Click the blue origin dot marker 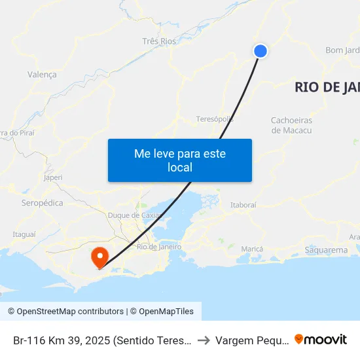coord(261,50)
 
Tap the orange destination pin coord(100,256)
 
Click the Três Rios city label coord(159,41)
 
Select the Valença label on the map coord(42,75)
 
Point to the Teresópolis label coord(215,119)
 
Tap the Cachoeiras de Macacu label coord(291,126)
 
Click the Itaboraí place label coord(243,205)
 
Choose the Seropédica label coord(43,203)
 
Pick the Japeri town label coord(52,177)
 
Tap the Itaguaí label coord(24,234)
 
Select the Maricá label coord(252,249)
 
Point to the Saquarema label coord(327,250)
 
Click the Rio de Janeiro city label coord(159,247)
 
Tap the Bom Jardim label coord(342,50)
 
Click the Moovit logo coord(321,339)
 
